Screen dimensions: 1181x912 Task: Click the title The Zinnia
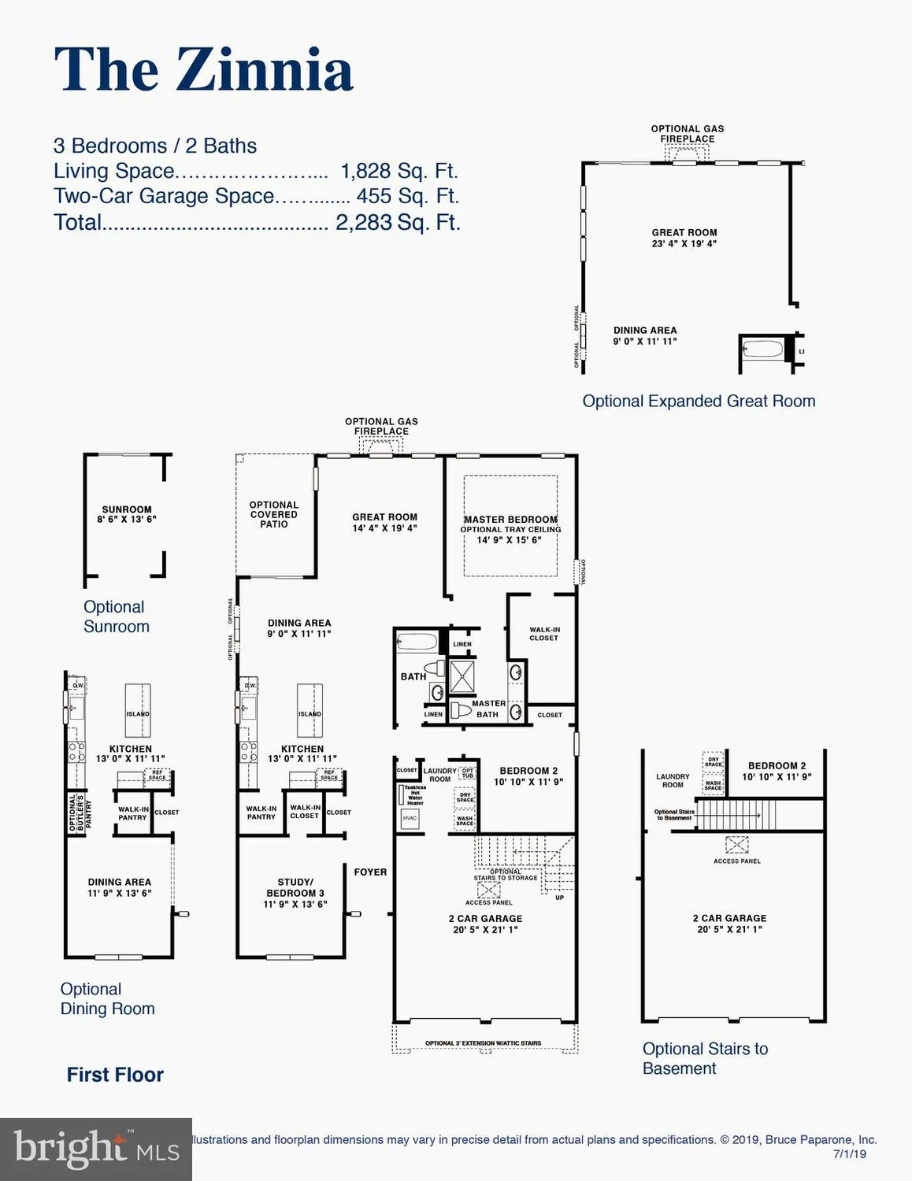[x=203, y=69]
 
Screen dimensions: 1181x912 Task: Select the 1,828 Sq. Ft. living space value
[x=398, y=171]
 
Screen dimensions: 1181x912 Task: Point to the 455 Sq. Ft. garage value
[x=406, y=196]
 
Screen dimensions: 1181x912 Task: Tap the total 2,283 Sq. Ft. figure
[x=397, y=222]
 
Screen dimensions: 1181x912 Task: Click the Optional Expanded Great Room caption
[x=698, y=401]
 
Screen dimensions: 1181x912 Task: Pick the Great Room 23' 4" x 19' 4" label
[x=684, y=238]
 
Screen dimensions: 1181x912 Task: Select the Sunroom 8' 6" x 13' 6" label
[x=127, y=514]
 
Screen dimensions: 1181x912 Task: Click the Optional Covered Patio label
[x=274, y=514]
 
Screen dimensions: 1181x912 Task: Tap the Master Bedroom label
[x=510, y=520]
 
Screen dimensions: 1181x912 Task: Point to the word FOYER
[x=370, y=872]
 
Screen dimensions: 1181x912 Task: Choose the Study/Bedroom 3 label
[x=295, y=893]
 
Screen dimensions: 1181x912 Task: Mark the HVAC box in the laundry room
[x=410, y=818]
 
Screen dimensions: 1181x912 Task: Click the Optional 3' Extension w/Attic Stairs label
[x=483, y=1043]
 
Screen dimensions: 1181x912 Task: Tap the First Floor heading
[x=115, y=1075]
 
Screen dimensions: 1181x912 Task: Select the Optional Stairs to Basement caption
[x=705, y=1058]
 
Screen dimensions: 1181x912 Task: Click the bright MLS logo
[x=96, y=1150]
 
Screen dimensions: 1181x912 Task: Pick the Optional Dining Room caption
[x=107, y=998]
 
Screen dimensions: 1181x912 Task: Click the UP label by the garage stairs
[x=559, y=898]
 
